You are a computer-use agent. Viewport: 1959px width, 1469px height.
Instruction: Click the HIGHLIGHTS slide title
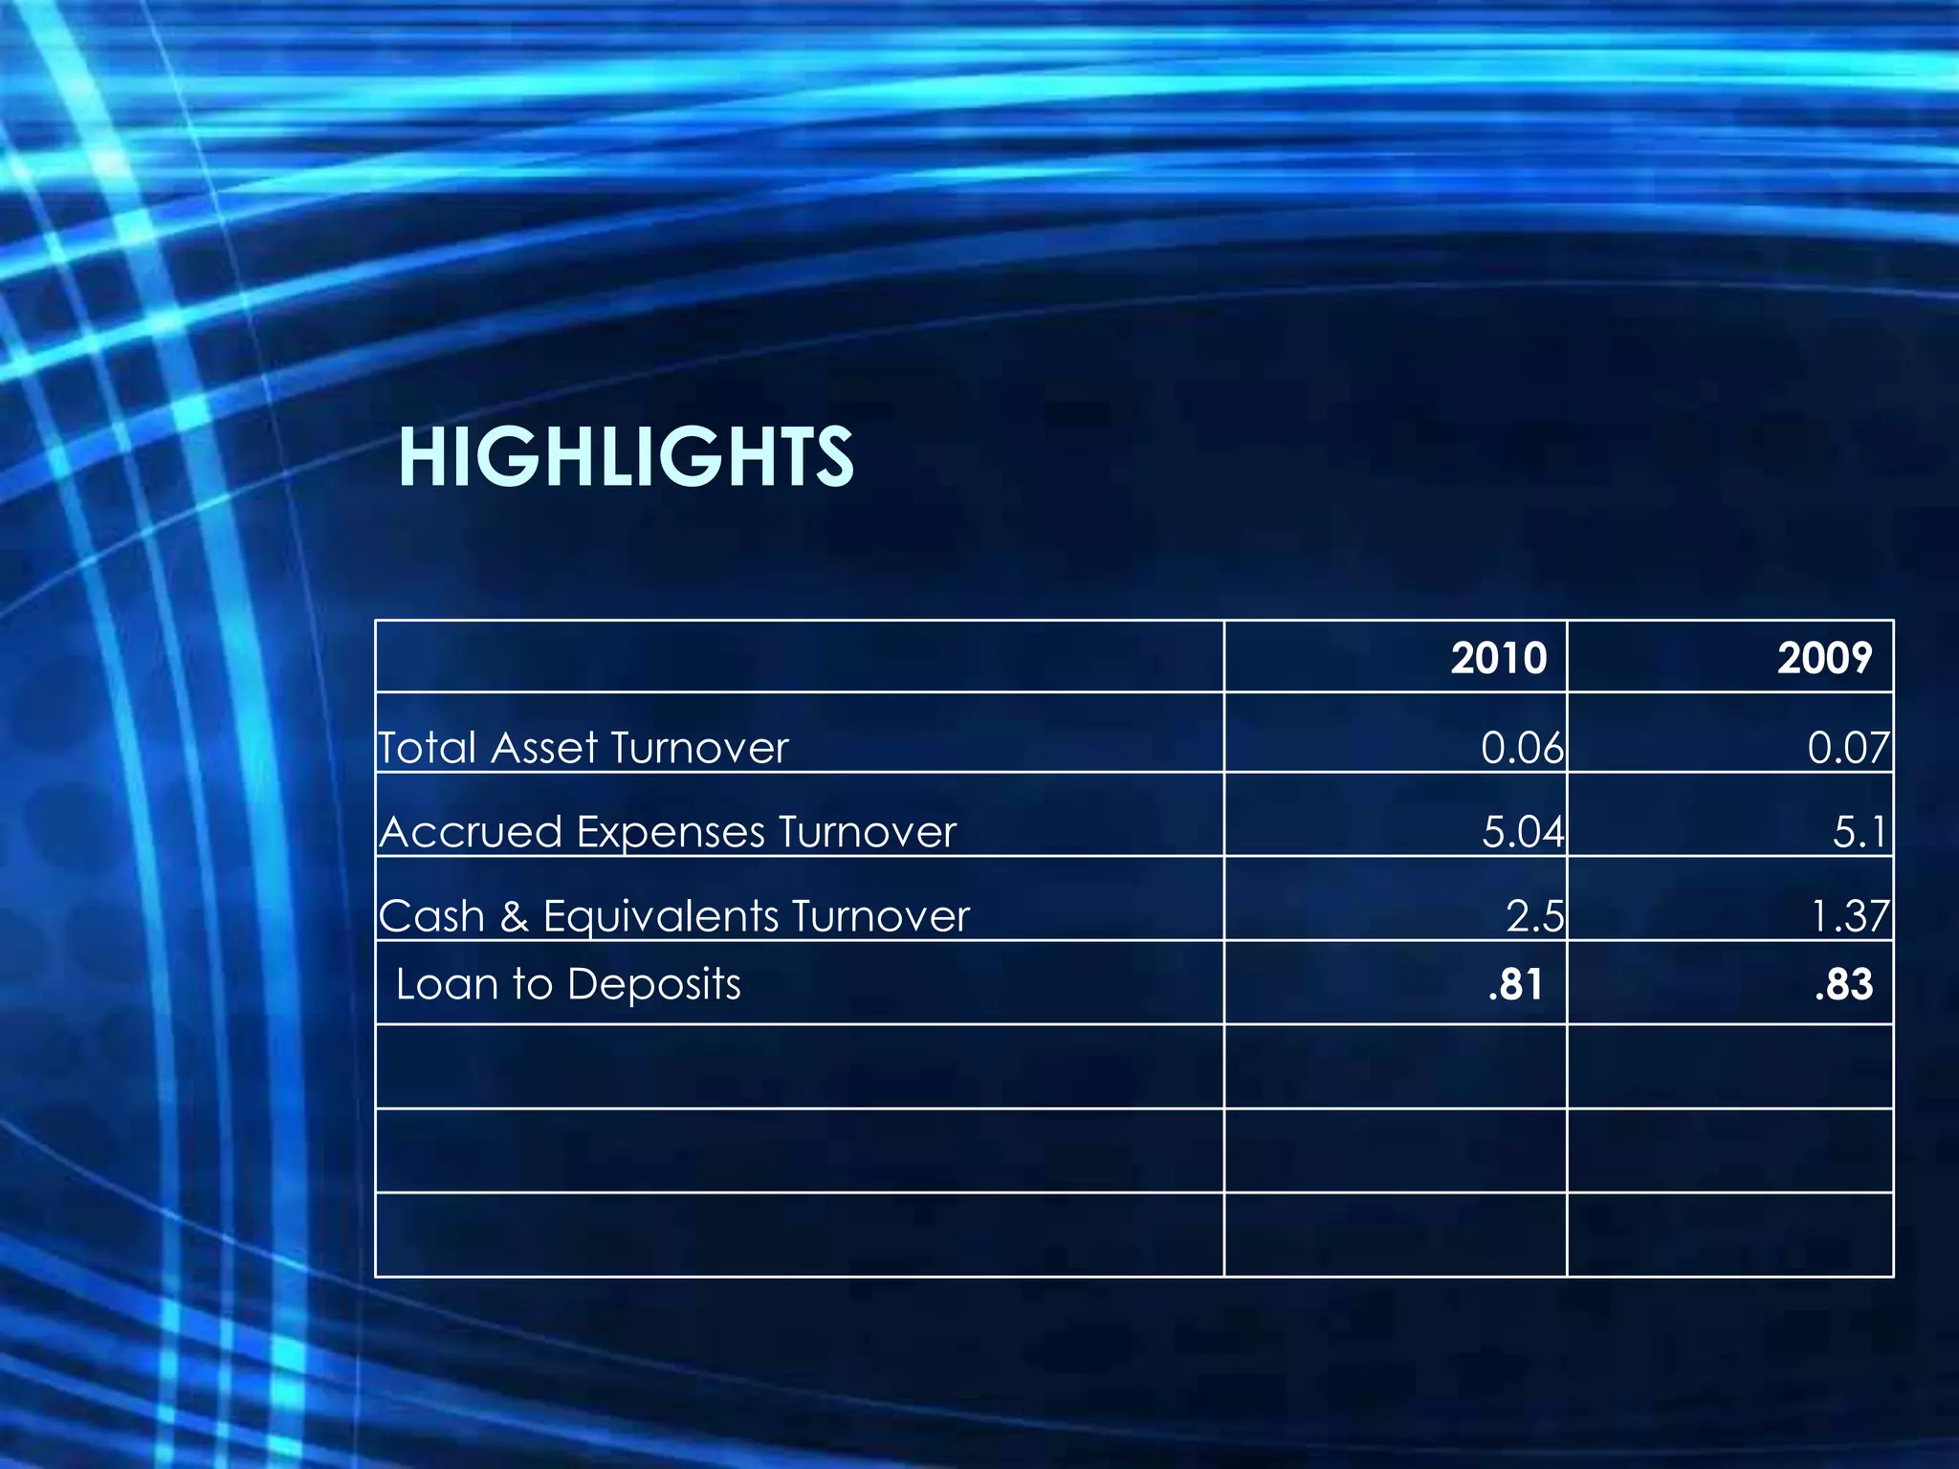(626, 457)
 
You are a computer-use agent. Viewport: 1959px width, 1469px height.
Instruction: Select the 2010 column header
(1498, 658)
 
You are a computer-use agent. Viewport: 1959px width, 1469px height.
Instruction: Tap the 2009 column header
(1824, 658)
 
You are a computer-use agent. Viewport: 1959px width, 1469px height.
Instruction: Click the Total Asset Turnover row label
(583, 748)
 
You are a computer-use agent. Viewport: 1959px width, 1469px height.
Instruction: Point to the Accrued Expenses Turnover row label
(668, 832)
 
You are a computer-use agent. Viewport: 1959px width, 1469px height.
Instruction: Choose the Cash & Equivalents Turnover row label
(674, 916)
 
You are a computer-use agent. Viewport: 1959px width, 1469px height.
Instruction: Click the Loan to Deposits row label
(568, 984)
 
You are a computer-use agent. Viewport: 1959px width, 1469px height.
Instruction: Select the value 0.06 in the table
(1522, 748)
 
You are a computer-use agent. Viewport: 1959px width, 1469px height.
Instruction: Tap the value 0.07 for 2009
(1848, 748)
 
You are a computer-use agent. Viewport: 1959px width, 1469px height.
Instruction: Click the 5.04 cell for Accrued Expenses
(1522, 832)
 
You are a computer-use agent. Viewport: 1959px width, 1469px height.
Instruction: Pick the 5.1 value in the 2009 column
(1860, 832)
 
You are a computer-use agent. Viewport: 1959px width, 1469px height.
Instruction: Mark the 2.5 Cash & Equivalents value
(1534, 916)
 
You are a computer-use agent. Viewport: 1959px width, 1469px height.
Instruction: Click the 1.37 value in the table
(1849, 916)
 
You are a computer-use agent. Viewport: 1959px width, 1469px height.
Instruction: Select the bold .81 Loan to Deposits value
(1515, 984)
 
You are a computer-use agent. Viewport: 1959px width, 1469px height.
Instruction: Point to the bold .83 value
(1842, 984)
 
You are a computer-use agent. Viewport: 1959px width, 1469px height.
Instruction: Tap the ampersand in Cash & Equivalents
(514, 916)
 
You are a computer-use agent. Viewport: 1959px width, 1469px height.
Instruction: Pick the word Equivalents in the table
(660, 916)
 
